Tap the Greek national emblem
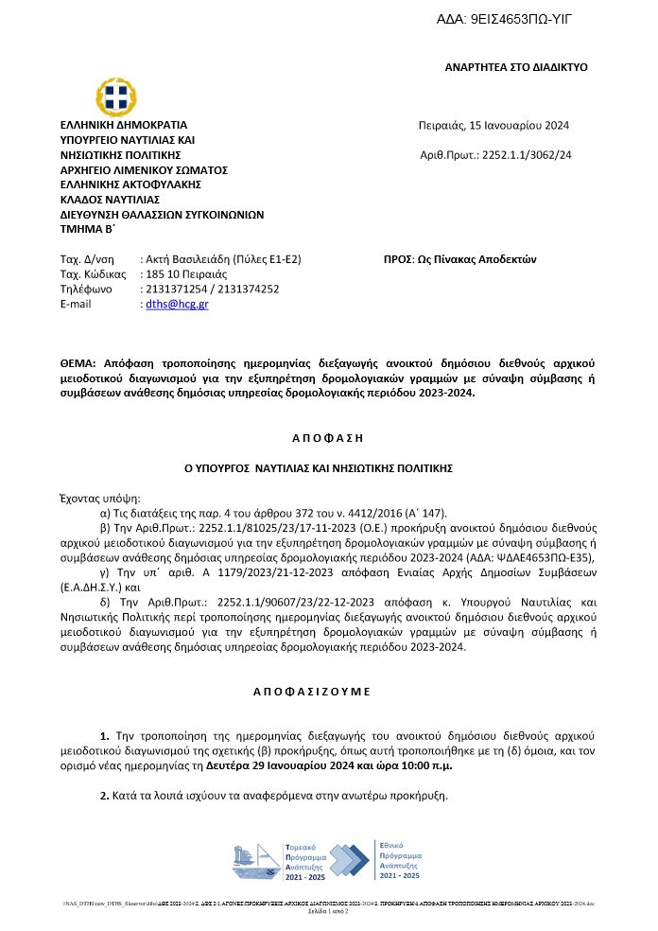click(x=116, y=95)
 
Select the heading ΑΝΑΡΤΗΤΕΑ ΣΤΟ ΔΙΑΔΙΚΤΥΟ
click(x=516, y=67)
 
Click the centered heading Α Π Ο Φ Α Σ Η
click(x=328, y=438)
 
